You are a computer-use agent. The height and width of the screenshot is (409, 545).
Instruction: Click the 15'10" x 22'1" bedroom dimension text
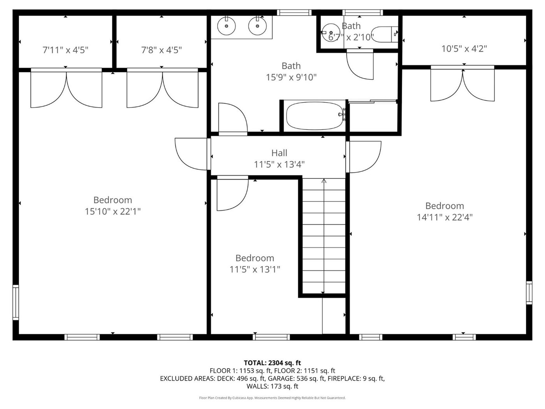[x=113, y=212]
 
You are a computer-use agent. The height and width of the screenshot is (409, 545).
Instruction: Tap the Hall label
[x=280, y=153]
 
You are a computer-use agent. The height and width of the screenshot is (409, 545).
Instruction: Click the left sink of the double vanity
[x=226, y=26]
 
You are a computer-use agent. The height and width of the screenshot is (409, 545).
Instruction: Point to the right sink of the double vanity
[x=257, y=26]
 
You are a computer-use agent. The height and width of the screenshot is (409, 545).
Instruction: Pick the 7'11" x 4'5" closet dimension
[x=65, y=50]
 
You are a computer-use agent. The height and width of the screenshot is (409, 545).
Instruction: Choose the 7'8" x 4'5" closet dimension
[x=162, y=50]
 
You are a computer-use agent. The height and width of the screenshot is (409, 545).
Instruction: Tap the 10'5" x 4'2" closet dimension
[x=464, y=49]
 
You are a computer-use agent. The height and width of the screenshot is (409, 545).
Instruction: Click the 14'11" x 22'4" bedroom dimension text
[x=445, y=217]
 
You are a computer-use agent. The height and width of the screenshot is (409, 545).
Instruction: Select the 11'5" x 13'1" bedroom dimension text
[x=255, y=270]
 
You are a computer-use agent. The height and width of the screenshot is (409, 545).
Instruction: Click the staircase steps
[x=324, y=236]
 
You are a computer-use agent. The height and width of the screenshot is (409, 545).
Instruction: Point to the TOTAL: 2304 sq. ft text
[x=272, y=363]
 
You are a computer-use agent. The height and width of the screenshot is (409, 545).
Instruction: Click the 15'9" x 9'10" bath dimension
[x=291, y=78]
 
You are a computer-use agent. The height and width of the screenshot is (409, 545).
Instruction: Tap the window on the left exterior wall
[x=16, y=303]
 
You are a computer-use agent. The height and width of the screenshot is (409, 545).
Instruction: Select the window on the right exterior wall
[x=529, y=293]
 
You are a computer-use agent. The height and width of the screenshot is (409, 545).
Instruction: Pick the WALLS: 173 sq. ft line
[x=272, y=386]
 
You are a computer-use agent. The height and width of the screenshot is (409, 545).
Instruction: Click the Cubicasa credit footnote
[x=272, y=398]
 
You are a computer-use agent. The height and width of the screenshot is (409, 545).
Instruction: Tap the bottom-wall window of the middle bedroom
[x=271, y=337]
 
